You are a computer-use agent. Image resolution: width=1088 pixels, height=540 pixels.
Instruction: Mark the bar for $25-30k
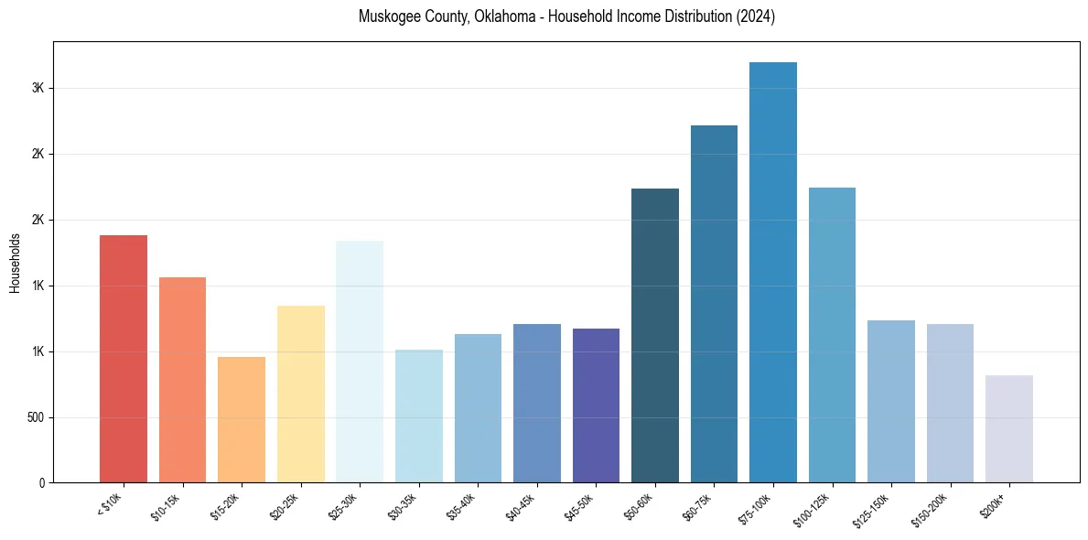[x=360, y=362]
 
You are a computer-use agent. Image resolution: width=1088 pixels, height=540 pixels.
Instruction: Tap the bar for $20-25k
[x=300, y=394]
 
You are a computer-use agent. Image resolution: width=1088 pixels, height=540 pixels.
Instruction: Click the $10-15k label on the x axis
[x=167, y=506]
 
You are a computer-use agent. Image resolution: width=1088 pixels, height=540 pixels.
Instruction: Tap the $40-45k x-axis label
[x=521, y=506]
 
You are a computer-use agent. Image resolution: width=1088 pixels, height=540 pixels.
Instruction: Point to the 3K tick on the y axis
[x=38, y=88]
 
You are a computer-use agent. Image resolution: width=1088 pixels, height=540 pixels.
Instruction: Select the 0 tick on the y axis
[x=41, y=482]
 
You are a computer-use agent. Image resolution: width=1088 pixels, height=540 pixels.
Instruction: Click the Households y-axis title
[x=15, y=263]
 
